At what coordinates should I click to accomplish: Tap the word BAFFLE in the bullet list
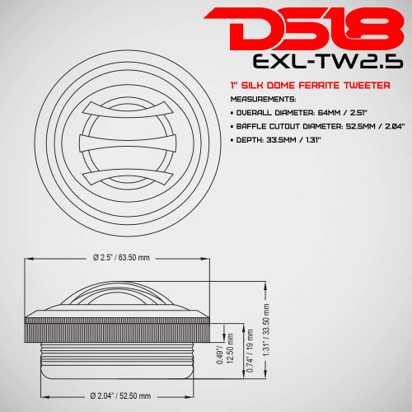[x=250, y=127]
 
